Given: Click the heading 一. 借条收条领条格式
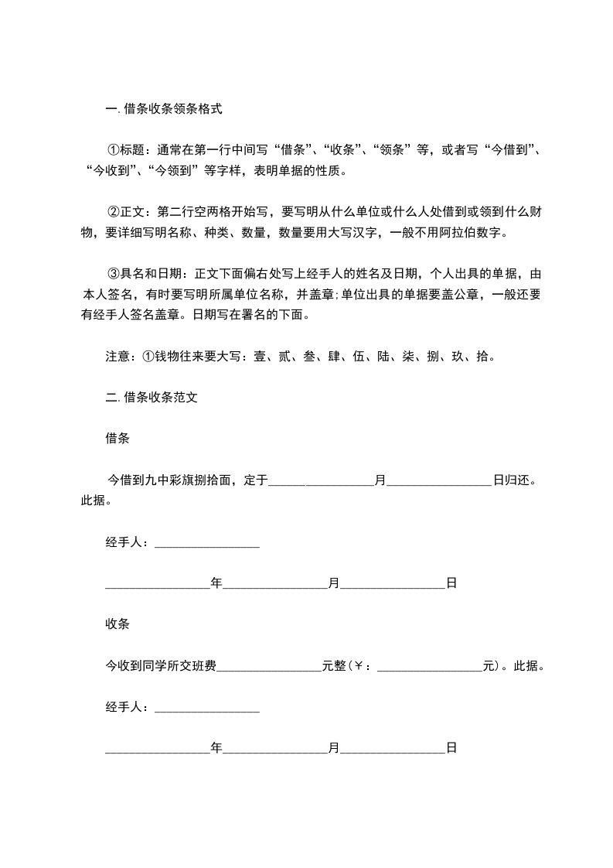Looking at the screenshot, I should point(163,109).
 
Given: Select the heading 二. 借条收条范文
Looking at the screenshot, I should point(154,398).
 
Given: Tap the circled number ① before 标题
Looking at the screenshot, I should point(113,150).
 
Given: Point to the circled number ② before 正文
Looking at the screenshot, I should point(113,212).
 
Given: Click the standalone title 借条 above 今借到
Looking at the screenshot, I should point(117,439).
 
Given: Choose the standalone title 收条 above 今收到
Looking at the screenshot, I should point(117,624).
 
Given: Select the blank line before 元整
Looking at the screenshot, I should point(269,666).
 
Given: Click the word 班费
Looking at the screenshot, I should point(204,665).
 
